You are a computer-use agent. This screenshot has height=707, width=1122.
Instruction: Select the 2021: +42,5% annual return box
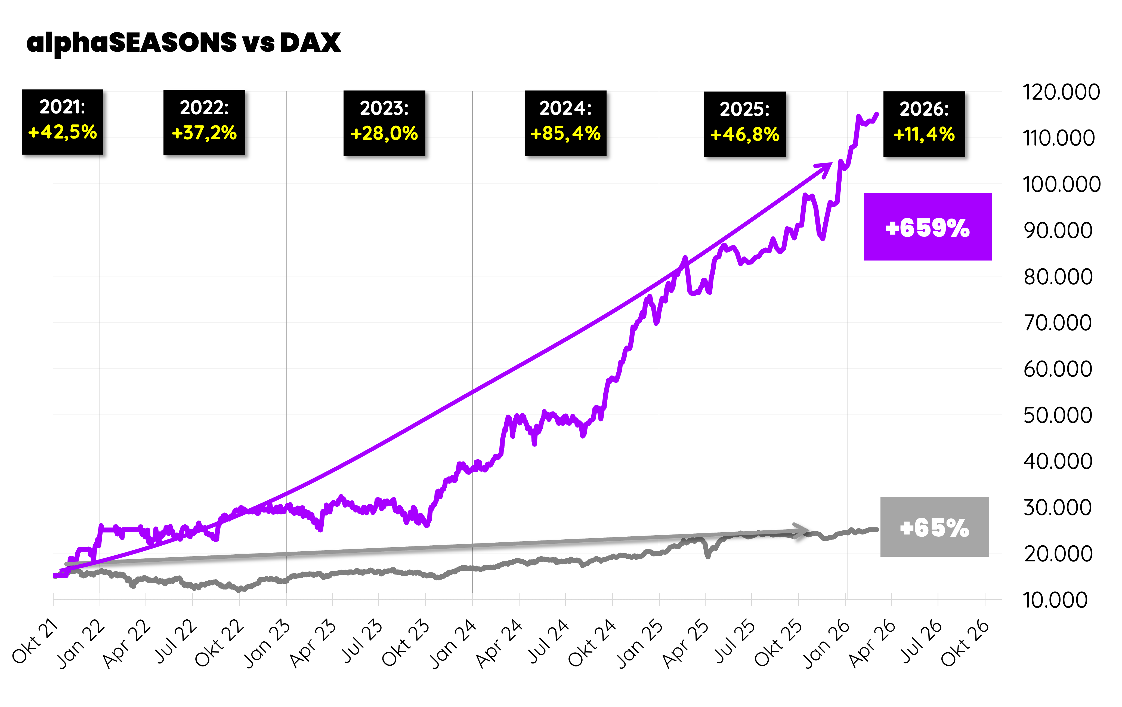click(63, 122)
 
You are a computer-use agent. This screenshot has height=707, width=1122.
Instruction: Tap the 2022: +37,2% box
click(204, 122)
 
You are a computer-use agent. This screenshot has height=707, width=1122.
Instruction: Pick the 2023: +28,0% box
click(384, 123)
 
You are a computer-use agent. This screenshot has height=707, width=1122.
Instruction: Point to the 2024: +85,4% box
click(566, 123)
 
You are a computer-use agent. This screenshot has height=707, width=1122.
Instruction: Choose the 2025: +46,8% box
click(744, 124)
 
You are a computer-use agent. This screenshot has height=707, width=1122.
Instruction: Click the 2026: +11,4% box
click(924, 124)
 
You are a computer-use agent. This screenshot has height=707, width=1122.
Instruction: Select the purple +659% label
click(927, 227)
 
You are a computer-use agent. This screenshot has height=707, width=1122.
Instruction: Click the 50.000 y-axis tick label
click(1058, 415)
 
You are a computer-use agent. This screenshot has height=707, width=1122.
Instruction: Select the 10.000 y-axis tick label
click(1055, 600)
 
